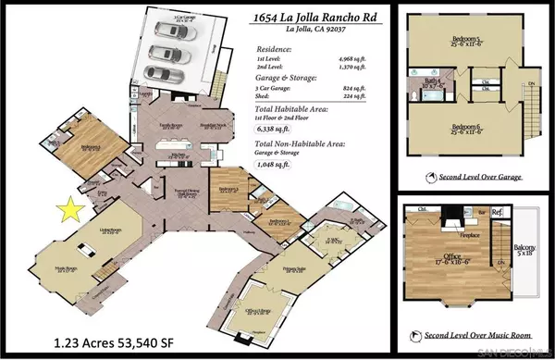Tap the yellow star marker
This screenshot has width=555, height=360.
[67, 210]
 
